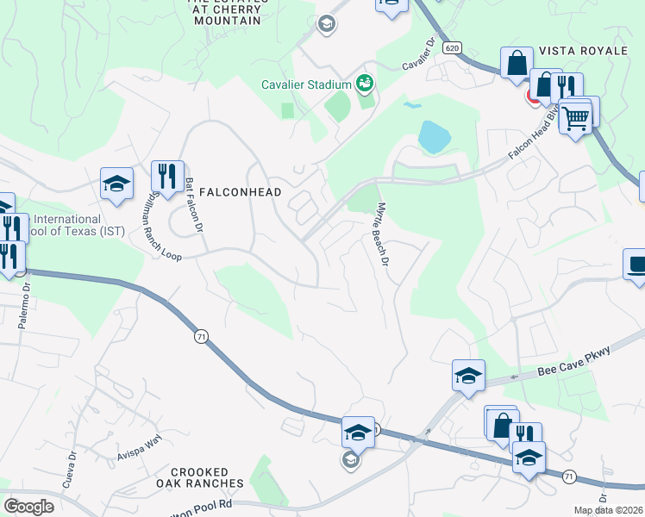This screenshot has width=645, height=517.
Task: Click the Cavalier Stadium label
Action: [306, 84]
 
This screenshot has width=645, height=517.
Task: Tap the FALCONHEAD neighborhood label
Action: [240, 192]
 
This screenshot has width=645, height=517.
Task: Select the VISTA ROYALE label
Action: [584, 51]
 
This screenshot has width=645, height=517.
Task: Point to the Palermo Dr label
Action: [22, 308]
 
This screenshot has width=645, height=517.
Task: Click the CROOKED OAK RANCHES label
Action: [200, 477]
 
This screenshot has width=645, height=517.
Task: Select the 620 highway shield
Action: [453, 48]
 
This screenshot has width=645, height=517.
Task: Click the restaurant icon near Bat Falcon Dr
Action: [166, 175]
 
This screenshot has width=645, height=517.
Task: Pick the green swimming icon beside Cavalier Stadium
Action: [365, 83]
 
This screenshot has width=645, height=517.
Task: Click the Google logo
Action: [28, 507]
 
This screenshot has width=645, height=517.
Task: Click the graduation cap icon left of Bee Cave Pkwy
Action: [468, 375]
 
